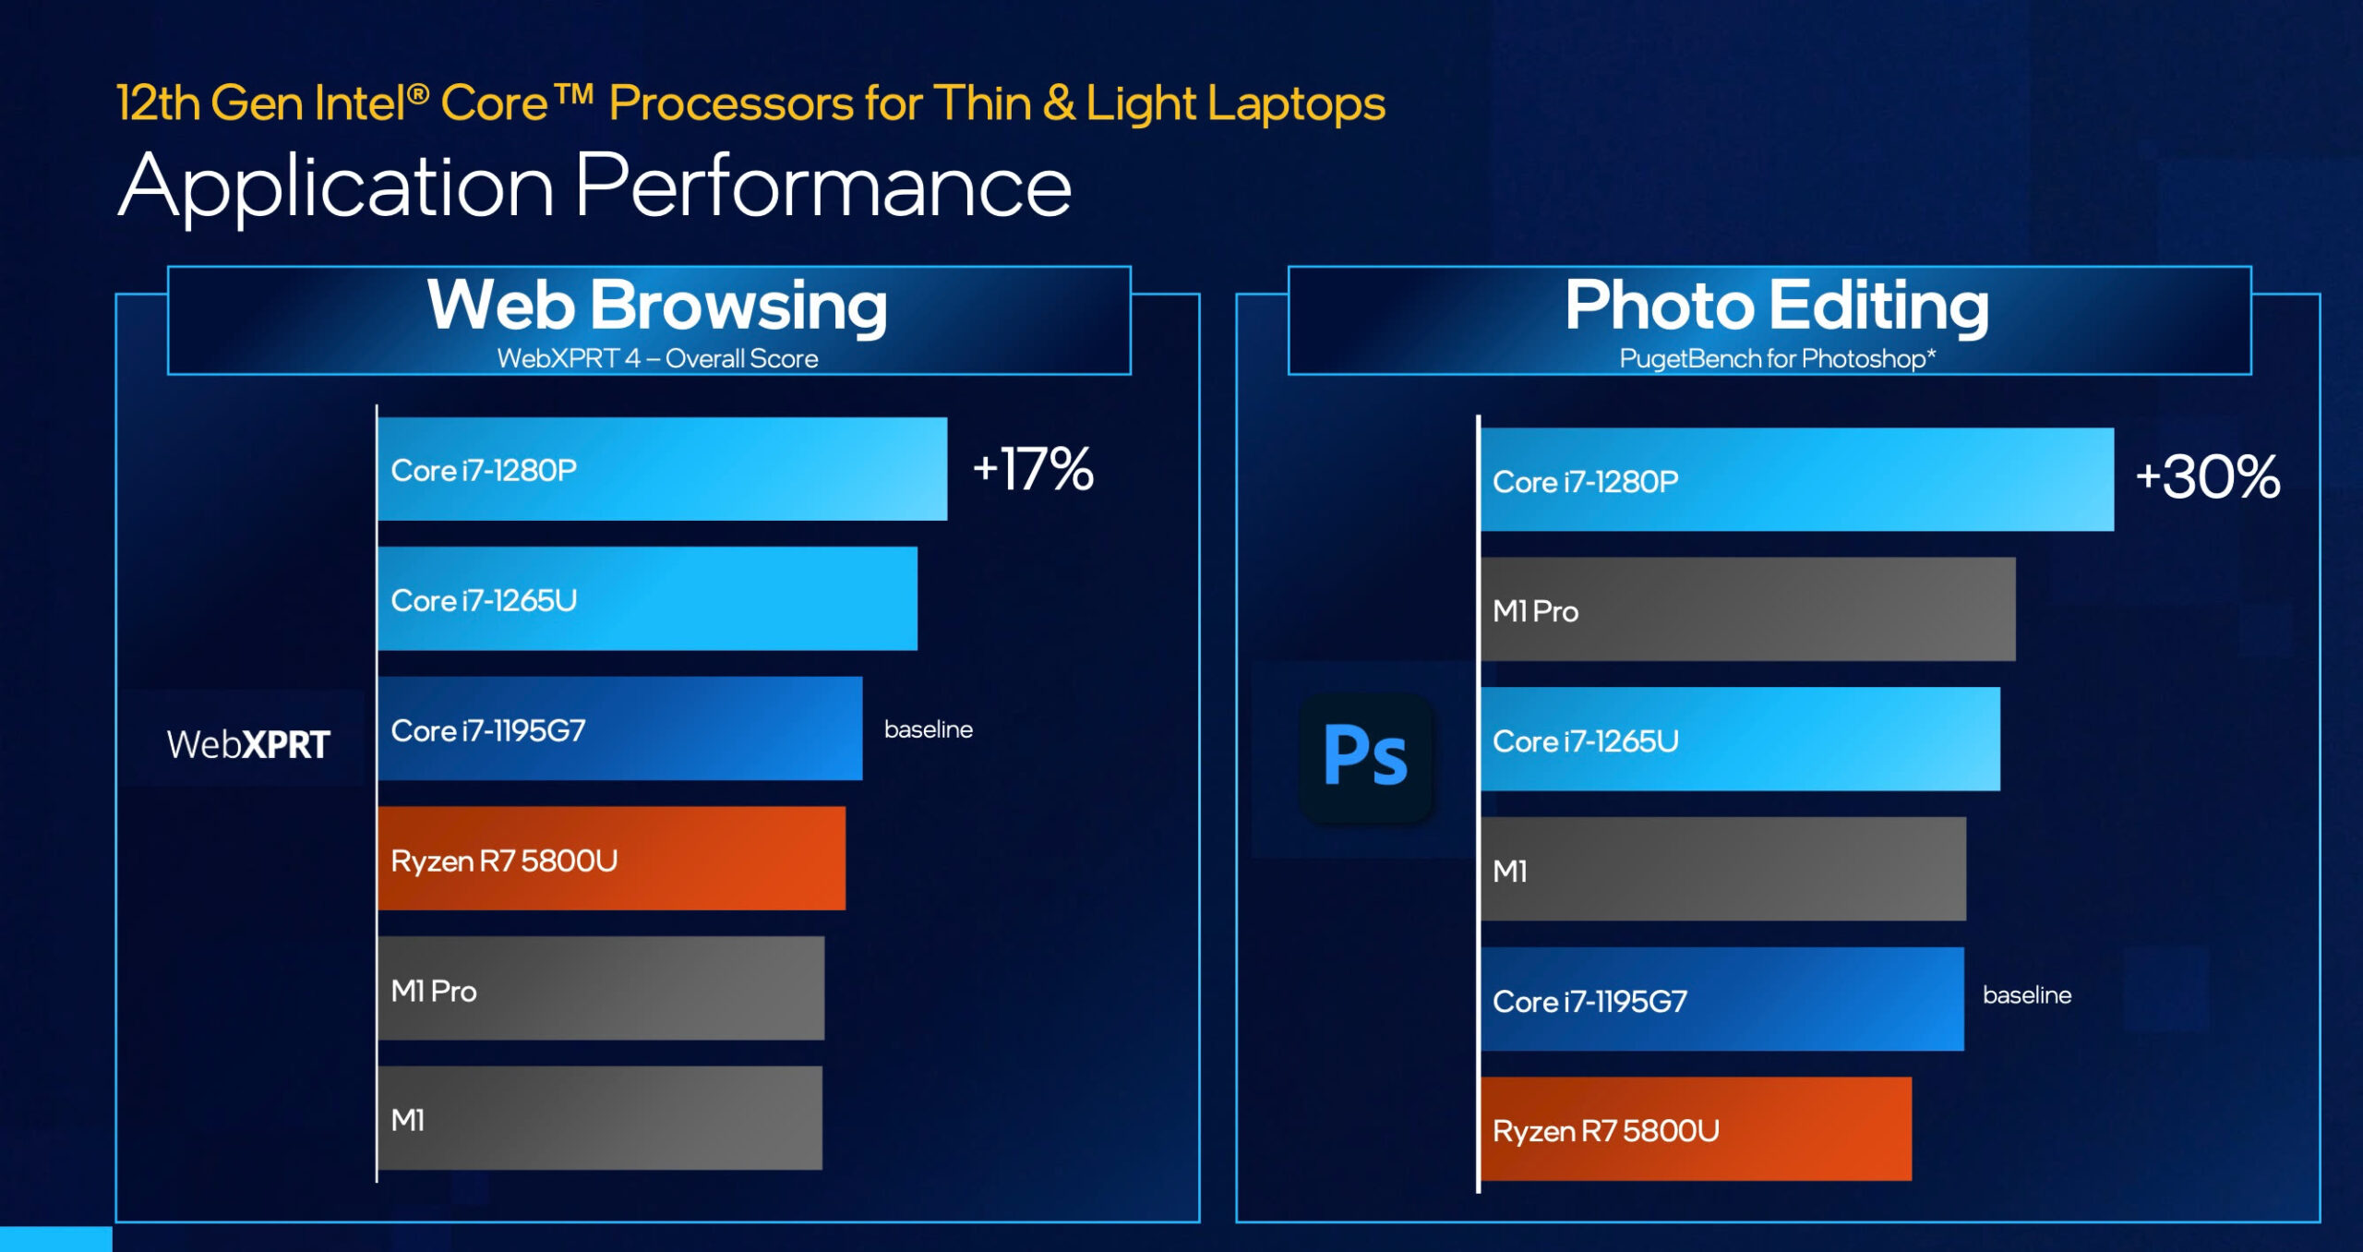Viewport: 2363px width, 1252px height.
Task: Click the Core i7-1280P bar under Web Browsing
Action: pyautogui.click(x=663, y=469)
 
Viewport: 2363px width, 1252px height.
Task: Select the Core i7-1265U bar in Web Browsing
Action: pyautogui.click(x=648, y=599)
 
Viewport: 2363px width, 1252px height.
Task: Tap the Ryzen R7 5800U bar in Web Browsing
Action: pyautogui.click(x=612, y=859)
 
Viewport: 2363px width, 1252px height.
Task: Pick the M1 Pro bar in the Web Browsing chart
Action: pyautogui.click(x=601, y=989)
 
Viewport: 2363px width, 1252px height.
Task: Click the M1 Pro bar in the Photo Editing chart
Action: pyautogui.click(x=1748, y=609)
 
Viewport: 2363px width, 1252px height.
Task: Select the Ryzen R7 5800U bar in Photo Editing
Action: pyautogui.click(x=1697, y=1129)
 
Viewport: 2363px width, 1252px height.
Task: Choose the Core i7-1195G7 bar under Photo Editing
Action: pyautogui.click(x=1722, y=999)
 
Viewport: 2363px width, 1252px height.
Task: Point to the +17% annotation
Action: pyautogui.click(x=1033, y=468)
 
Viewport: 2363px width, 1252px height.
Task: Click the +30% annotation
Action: pyautogui.click(x=2208, y=477)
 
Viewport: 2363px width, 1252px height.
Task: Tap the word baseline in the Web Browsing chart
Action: pyautogui.click(x=929, y=729)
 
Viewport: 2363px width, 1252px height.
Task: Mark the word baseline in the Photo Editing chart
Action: pyautogui.click(x=2027, y=995)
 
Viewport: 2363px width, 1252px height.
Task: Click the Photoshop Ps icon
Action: pyautogui.click(x=1366, y=757)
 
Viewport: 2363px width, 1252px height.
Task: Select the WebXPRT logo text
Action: pyautogui.click(x=248, y=744)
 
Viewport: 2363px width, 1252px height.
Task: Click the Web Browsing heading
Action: pyautogui.click(x=657, y=306)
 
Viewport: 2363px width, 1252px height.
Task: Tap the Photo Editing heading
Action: pyautogui.click(x=1777, y=306)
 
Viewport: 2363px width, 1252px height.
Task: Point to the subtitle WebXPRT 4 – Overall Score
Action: pyautogui.click(x=658, y=358)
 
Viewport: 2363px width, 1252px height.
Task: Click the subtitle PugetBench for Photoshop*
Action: pyautogui.click(x=1778, y=358)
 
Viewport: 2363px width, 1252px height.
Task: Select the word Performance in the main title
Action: pyautogui.click(x=823, y=186)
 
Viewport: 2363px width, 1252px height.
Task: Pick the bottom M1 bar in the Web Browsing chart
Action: pyautogui.click(x=600, y=1118)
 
